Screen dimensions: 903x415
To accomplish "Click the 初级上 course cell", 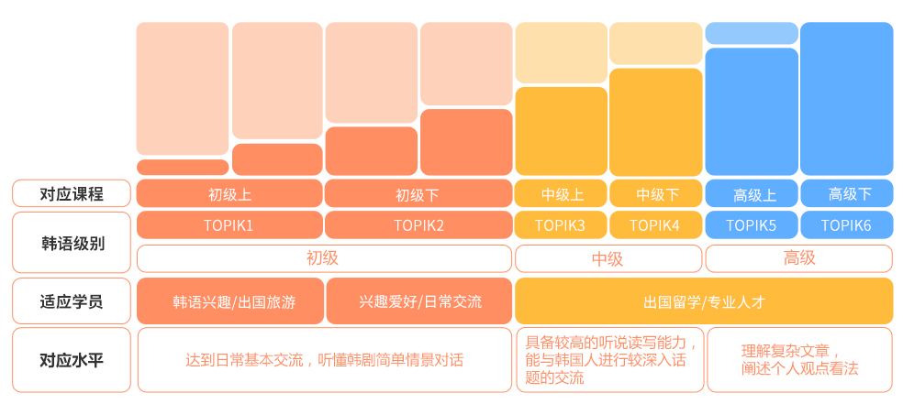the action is point(229,193).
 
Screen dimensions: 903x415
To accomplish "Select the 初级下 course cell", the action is point(418,193).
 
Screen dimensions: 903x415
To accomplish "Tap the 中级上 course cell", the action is point(561,193).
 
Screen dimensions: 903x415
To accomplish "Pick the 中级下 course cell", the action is point(656,193).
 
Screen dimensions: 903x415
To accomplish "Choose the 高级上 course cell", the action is point(752,193).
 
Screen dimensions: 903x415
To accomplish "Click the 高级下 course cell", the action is point(846,193).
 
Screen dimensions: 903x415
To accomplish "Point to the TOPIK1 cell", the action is point(229,224).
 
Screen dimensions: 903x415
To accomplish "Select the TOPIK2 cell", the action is point(418,224).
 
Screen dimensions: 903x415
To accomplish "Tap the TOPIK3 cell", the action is point(561,224).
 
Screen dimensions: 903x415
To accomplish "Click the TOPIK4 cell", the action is point(656,224).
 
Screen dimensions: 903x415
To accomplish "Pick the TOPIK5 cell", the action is point(752,224).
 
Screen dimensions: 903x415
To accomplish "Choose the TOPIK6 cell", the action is point(846,224).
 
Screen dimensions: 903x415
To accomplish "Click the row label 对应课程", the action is point(72,193).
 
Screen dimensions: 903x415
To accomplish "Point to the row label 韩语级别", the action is point(72,243).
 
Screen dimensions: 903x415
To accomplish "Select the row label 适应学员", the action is point(72,301).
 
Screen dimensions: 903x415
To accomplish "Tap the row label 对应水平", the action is point(72,360).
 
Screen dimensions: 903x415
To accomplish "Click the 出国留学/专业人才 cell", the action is point(704,301).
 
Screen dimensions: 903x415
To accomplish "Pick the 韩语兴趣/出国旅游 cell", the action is point(229,301).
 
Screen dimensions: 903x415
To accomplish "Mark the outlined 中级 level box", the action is point(608,258).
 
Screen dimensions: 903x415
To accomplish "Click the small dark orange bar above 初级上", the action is point(183,168).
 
